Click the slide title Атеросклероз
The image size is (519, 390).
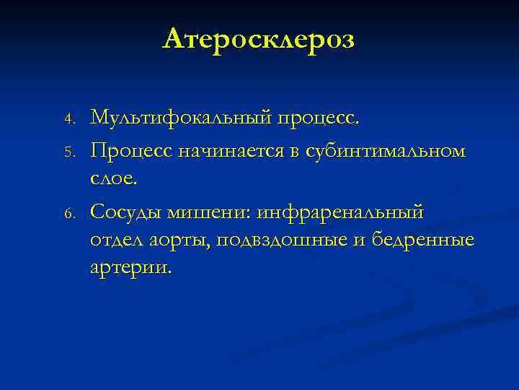tap(259, 40)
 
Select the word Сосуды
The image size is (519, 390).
tap(126, 214)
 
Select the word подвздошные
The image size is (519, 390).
tap(278, 241)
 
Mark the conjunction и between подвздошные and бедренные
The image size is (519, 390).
tap(359, 241)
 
